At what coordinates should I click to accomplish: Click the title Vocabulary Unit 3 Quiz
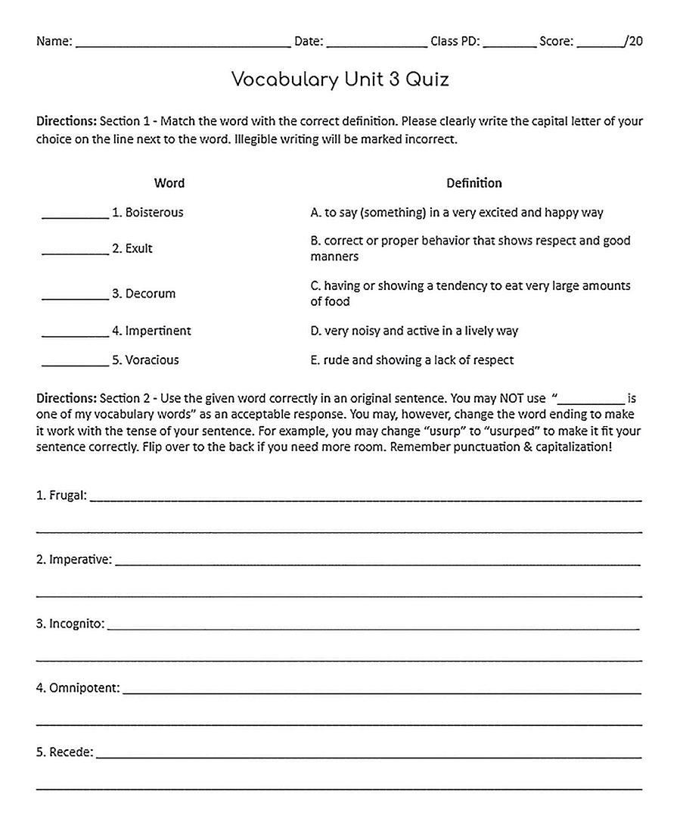click(x=340, y=79)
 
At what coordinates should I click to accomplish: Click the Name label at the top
click(x=54, y=42)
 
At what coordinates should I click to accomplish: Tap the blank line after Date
click(x=376, y=44)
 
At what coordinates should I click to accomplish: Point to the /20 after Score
click(x=634, y=42)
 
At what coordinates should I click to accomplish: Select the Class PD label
click(x=455, y=42)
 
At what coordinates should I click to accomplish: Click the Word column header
click(x=169, y=182)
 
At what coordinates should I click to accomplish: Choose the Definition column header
click(x=474, y=182)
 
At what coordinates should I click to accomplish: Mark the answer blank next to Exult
click(x=75, y=251)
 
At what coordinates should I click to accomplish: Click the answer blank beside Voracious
click(x=75, y=363)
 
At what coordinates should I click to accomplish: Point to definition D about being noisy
click(x=414, y=331)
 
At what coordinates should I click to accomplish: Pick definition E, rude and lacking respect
click(x=411, y=360)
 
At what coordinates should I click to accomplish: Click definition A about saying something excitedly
click(x=456, y=213)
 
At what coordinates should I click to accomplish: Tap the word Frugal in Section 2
click(x=67, y=497)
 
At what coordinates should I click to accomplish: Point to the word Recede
click(x=70, y=752)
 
